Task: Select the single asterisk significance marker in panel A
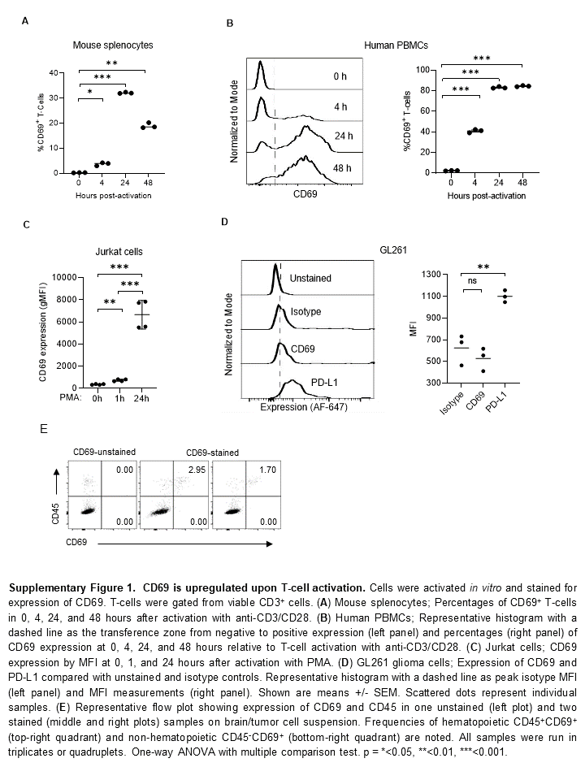[x=91, y=93]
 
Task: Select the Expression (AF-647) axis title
[x=304, y=407]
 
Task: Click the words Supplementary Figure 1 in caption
[x=86, y=585]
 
